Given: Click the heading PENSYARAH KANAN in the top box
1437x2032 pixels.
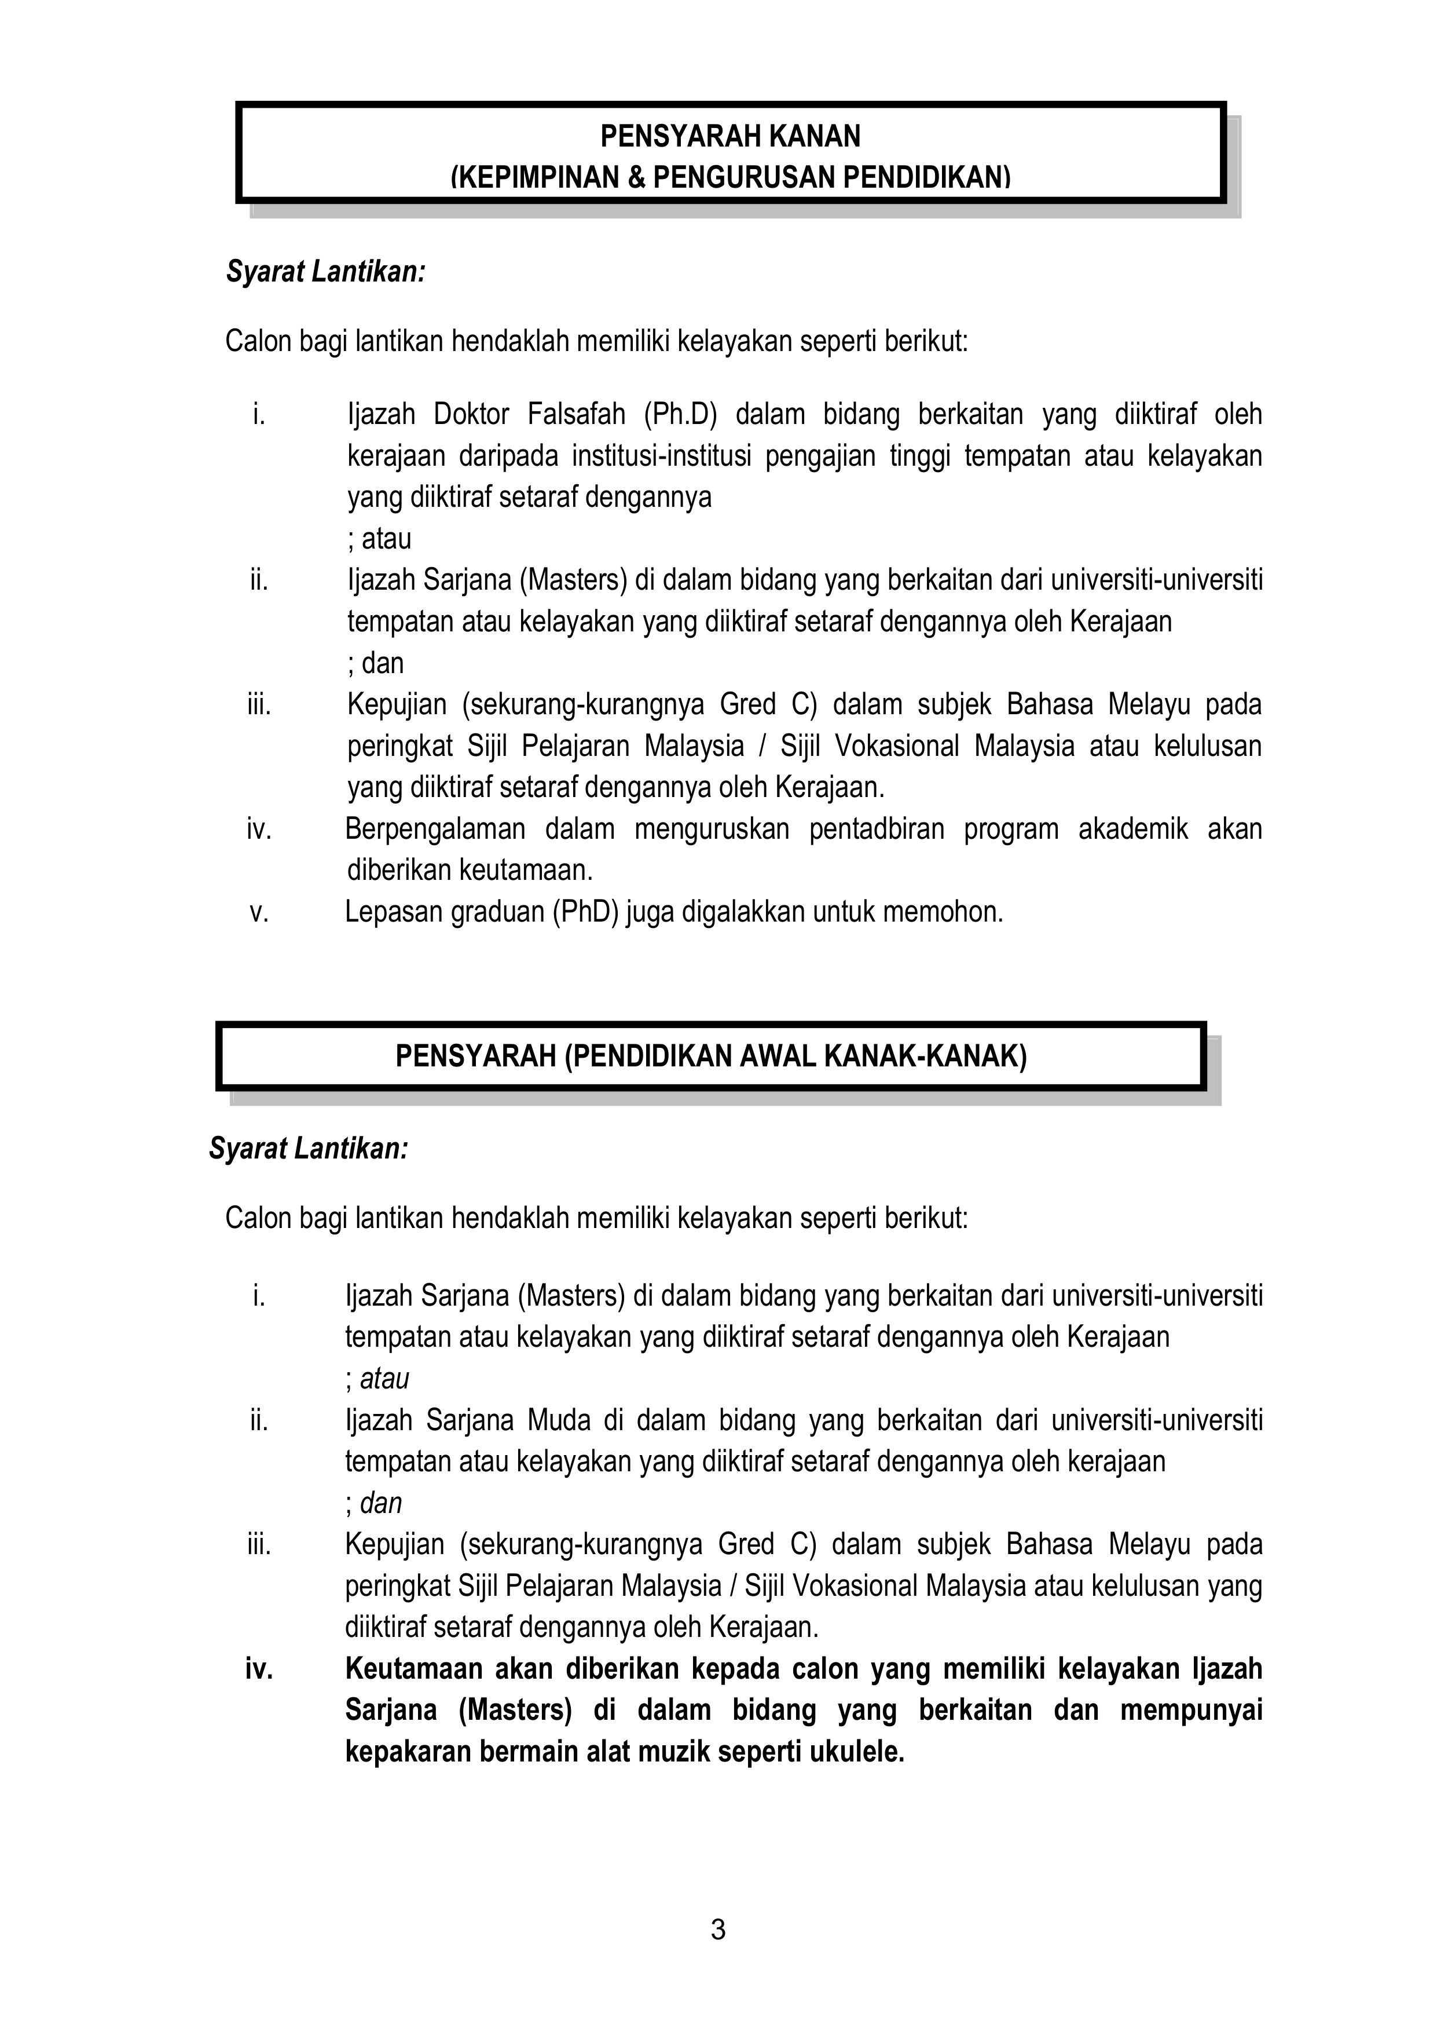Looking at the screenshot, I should click(x=730, y=136).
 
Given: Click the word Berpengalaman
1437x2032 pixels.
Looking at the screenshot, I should click(x=434, y=829).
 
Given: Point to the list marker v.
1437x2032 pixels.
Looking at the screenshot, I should click(x=258, y=912).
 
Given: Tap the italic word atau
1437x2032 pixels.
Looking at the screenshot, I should click(x=385, y=1379).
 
